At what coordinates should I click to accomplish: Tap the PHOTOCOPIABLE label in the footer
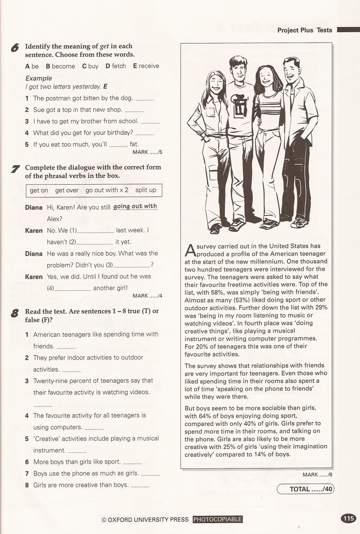(218, 519)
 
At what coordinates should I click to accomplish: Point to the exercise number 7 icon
(15, 169)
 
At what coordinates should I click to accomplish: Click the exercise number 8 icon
(15, 313)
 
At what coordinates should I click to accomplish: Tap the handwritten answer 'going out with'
(135, 206)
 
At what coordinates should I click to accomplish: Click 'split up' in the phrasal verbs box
(146, 190)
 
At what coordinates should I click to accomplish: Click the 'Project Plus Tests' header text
(305, 30)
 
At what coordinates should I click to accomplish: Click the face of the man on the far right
(292, 71)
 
